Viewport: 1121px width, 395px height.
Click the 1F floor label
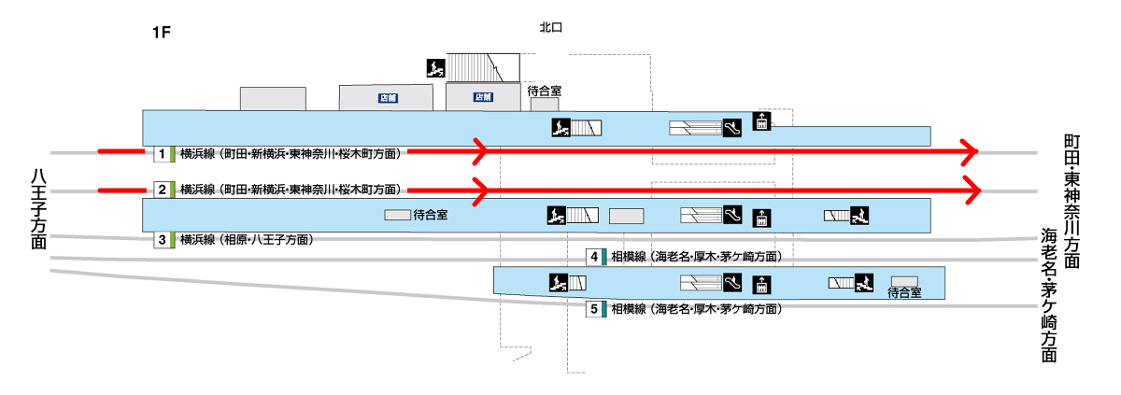click(161, 33)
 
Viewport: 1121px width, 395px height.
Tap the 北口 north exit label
click(551, 28)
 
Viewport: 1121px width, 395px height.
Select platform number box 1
click(162, 153)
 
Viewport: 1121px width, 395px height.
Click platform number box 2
click(162, 190)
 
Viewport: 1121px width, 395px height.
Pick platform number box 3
click(162, 240)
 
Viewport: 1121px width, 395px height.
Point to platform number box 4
click(594, 257)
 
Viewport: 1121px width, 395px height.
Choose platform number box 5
click(594, 309)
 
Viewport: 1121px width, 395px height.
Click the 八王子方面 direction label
click(38, 208)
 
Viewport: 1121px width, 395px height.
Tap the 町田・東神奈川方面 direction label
click(1071, 202)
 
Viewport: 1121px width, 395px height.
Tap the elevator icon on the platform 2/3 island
click(761, 217)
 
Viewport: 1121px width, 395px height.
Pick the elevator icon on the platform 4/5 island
click(761, 283)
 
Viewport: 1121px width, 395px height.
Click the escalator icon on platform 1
click(731, 127)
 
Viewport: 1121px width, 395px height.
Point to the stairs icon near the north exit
click(434, 67)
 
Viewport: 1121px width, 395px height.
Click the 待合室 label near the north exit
click(544, 92)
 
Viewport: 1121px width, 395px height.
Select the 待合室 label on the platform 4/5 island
click(904, 293)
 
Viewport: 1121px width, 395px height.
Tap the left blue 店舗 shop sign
click(388, 97)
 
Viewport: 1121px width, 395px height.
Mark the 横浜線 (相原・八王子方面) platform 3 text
click(246, 240)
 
